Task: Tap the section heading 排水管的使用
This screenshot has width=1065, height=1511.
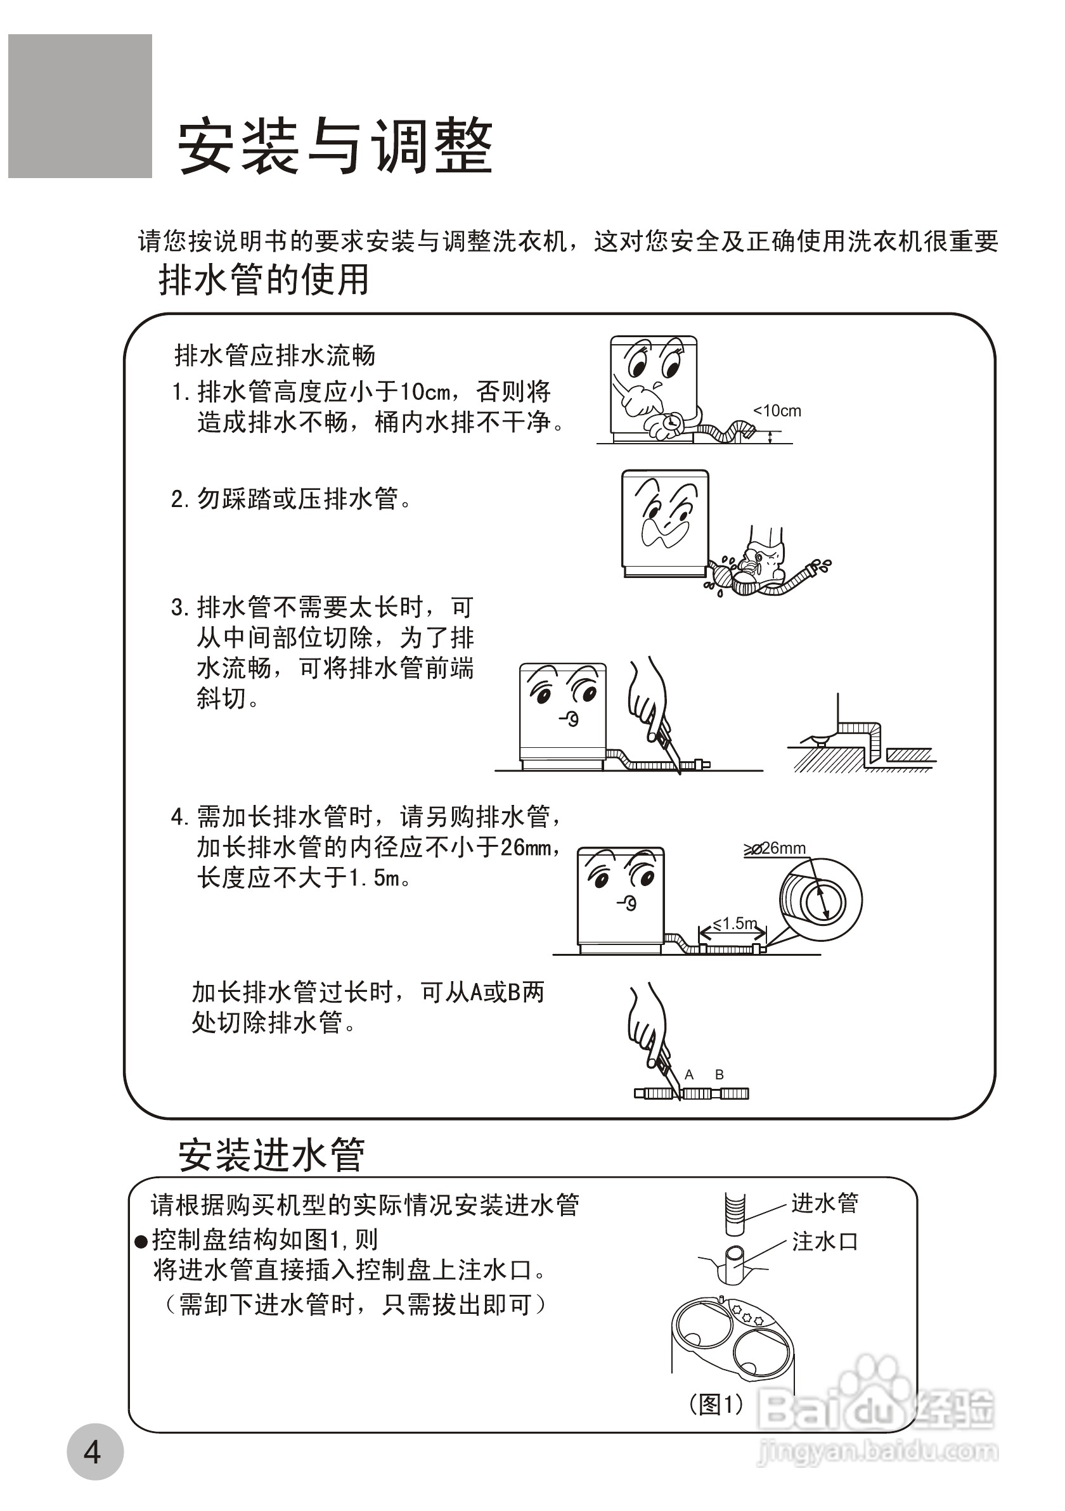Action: [x=263, y=280]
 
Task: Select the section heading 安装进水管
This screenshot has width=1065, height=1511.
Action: [x=271, y=1154]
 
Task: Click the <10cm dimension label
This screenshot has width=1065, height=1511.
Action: [x=777, y=411]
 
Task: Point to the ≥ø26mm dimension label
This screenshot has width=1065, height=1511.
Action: [x=775, y=848]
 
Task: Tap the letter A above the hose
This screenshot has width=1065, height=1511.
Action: [x=689, y=1075]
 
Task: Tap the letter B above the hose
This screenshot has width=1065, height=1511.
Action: [x=720, y=1075]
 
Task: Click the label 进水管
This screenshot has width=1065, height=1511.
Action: [x=825, y=1203]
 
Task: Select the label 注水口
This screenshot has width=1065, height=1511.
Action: [x=825, y=1242]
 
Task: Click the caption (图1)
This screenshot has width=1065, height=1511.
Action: [x=716, y=1405]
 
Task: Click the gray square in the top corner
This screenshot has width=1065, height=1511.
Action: [x=80, y=106]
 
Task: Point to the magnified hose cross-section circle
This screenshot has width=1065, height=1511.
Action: [x=820, y=899]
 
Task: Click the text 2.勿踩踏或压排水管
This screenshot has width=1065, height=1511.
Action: [x=291, y=499]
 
